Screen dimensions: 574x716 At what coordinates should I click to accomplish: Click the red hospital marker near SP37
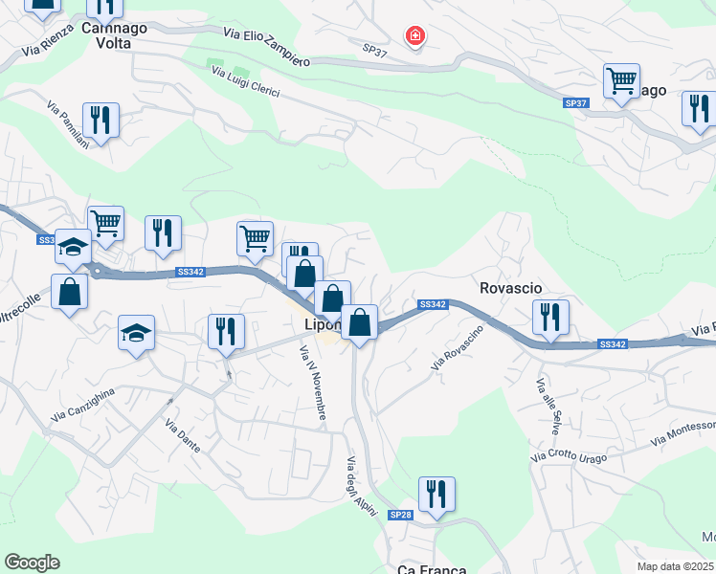click(414, 37)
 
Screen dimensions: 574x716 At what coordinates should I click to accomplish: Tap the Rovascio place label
click(510, 287)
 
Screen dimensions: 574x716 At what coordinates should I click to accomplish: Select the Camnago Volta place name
click(114, 35)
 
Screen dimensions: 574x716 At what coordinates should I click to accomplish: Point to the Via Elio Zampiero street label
click(267, 46)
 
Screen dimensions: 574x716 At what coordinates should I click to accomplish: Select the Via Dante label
click(182, 436)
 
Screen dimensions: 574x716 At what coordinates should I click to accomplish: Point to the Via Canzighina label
click(84, 404)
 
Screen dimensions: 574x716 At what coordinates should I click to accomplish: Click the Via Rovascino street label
click(457, 348)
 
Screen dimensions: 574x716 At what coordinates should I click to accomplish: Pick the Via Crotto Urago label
click(582, 453)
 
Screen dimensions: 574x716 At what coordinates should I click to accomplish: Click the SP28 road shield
click(399, 515)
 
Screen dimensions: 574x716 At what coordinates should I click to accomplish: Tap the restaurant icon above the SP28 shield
click(436, 494)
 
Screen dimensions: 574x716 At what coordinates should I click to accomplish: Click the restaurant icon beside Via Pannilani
click(101, 120)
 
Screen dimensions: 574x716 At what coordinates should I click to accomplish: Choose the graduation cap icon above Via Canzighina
click(136, 333)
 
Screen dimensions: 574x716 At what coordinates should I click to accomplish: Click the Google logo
click(32, 563)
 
